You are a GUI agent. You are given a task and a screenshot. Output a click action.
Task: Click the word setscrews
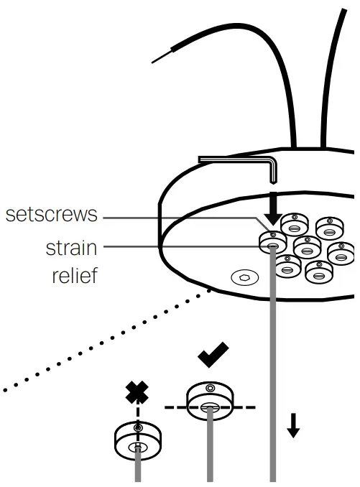(51, 215)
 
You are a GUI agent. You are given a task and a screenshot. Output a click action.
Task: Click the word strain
(71, 249)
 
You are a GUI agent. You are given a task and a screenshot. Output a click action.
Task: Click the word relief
(74, 275)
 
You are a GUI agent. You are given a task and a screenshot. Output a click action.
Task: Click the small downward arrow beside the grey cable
(293, 425)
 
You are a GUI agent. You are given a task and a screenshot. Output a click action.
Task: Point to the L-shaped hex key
(237, 162)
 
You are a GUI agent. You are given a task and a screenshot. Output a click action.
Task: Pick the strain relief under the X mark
(137, 440)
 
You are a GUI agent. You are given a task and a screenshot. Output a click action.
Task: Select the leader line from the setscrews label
(180, 215)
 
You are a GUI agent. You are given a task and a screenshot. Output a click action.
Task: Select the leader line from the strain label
(180, 247)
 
